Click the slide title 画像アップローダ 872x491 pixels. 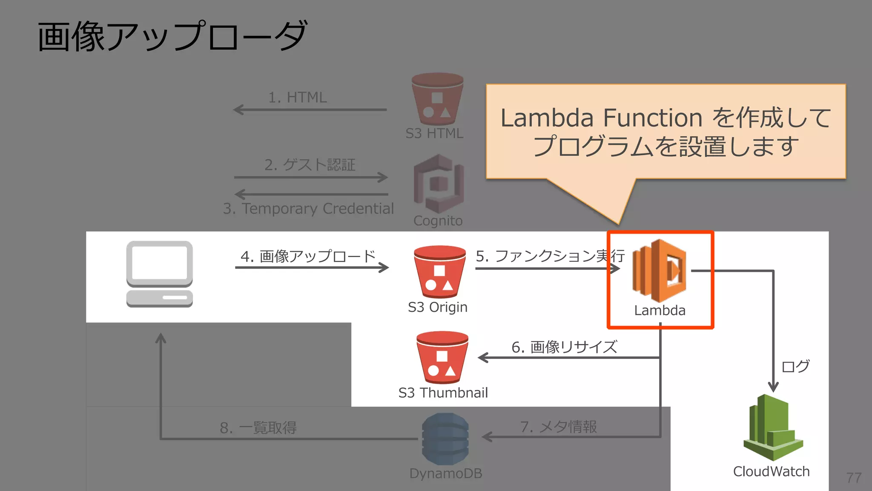coord(172,37)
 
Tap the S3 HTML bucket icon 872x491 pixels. coord(437,99)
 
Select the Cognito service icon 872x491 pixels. coord(439,184)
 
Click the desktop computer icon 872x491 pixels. coord(160,274)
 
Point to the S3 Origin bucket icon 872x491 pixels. coord(439,271)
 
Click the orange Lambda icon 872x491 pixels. coord(659,271)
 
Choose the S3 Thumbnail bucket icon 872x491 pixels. coord(442,357)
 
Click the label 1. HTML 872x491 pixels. coord(297,98)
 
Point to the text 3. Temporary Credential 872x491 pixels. coord(308,208)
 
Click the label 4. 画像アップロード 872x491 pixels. coord(308,256)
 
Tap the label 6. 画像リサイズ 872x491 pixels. coord(564,347)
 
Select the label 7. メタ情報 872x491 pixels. coord(559,427)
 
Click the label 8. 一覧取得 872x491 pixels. coord(258,427)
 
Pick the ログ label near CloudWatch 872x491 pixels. coord(795,366)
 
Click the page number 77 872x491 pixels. coord(854,478)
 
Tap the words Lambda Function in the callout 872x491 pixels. coord(601,118)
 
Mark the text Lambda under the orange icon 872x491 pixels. coord(660,310)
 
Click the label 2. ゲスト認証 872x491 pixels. coord(310,165)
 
